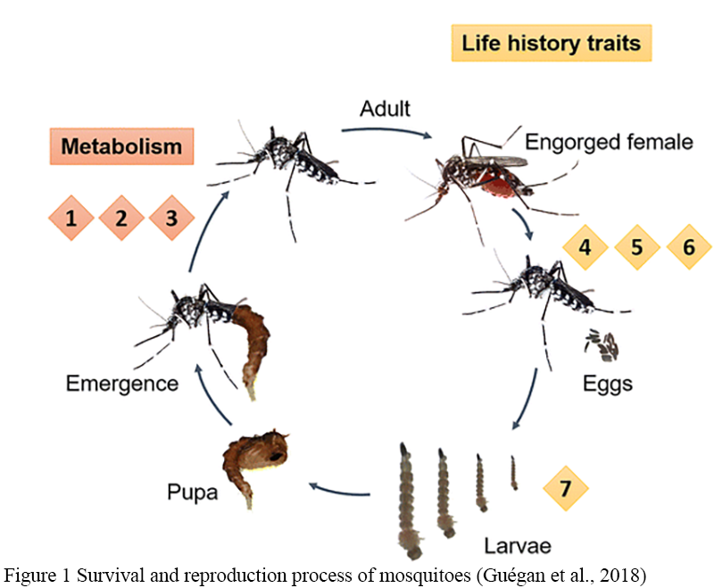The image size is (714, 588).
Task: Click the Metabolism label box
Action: coord(121,146)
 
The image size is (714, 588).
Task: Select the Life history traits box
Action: coord(551,43)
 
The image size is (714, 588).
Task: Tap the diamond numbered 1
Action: coord(71,217)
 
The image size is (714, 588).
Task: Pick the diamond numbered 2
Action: coord(121,217)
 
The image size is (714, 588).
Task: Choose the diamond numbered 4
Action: coord(585,245)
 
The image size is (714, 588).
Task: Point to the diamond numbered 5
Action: coord(636,245)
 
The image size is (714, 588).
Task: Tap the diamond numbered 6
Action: coord(688,245)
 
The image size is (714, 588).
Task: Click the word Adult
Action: coord(385,110)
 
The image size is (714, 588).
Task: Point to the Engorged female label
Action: coord(609,141)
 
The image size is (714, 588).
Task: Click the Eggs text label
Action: coord(607,384)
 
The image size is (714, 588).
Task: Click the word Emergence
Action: coord(121,384)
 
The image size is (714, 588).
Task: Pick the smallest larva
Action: coord(513,472)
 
